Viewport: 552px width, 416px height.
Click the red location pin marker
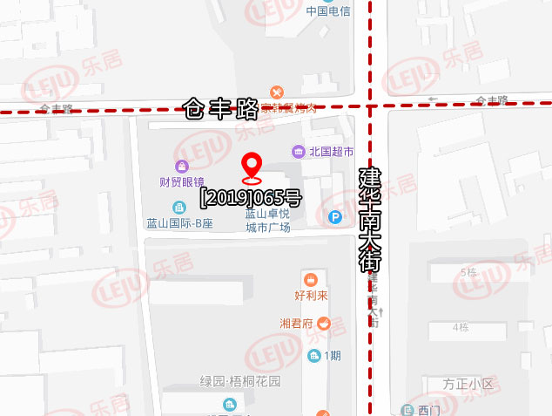[252, 166]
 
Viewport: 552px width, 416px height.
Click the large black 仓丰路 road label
[221, 109]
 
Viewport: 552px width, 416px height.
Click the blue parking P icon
[335, 217]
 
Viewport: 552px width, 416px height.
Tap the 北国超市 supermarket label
[331, 152]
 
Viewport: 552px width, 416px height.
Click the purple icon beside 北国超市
[299, 152]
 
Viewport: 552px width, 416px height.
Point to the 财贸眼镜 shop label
[181, 182]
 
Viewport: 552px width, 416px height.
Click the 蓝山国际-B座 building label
[179, 222]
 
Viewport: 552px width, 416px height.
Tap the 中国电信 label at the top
[327, 11]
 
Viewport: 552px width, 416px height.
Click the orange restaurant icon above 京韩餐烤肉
[276, 92]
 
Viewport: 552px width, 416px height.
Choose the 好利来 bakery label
[311, 295]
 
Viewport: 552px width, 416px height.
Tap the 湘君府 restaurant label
[296, 323]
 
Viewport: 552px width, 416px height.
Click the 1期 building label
[332, 355]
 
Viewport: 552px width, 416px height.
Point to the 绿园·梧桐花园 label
[241, 381]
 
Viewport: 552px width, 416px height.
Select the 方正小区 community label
[468, 384]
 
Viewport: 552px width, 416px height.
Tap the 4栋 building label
[460, 327]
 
